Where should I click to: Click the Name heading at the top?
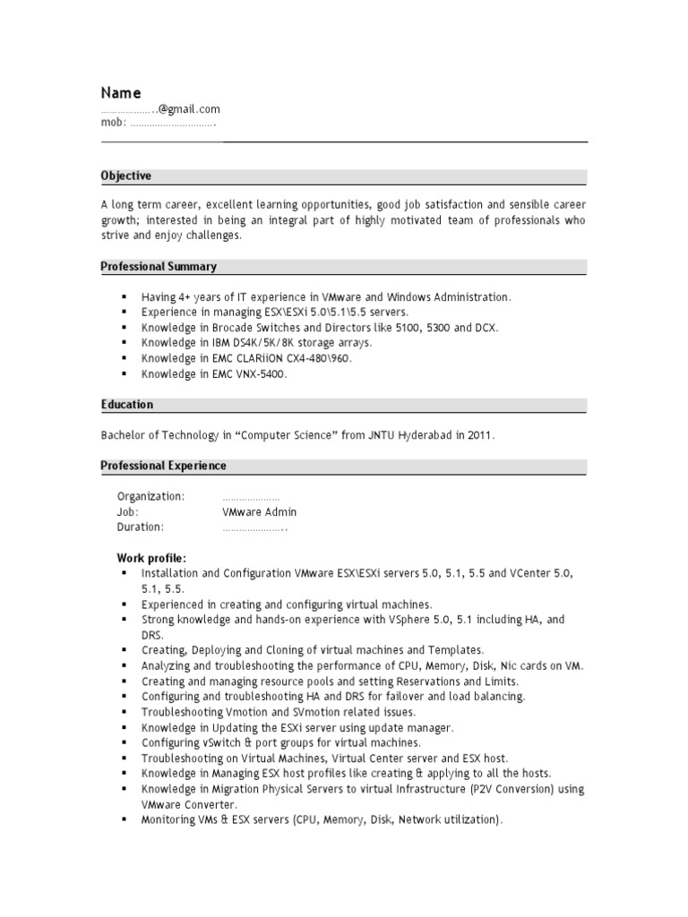[121, 92]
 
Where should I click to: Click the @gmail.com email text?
[189, 109]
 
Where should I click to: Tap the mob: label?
[114, 124]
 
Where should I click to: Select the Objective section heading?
[126, 176]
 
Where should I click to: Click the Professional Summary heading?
[159, 266]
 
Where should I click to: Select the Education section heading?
[127, 404]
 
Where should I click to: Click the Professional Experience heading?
[164, 466]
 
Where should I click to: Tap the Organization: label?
[150, 496]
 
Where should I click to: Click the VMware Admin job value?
[259, 512]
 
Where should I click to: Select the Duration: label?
[141, 527]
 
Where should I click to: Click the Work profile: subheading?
[151, 558]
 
